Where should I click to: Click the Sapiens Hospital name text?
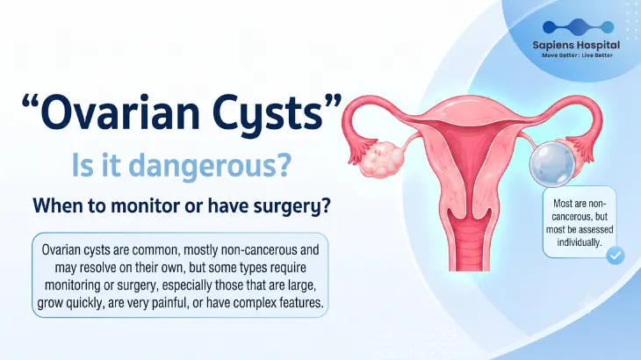pyautogui.click(x=576, y=45)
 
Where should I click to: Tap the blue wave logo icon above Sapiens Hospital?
pyautogui.click(x=578, y=27)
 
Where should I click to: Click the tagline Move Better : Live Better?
pyautogui.click(x=577, y=55)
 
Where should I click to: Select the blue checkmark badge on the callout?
pyautogui.click(x=616, y=256)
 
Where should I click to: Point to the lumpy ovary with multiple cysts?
pyautogui.click(x=383, y=159)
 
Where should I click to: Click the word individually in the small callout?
pyautogui.click(x=580, y=242)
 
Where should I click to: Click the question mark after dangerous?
pyautogui.click(x=283, y=164)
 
